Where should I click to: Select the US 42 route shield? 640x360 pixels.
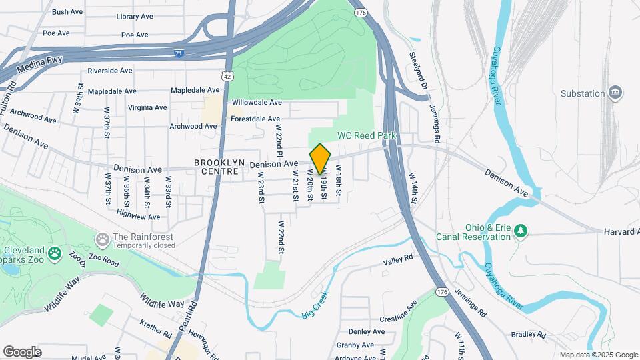[228, 76]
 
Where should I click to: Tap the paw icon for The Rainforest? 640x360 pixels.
[103, 238]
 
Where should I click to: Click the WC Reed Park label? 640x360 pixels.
[367, 135]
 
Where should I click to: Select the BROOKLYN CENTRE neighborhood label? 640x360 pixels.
[216, 167]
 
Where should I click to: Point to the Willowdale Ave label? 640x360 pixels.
[257, 103]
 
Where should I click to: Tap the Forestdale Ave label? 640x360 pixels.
[255, 119]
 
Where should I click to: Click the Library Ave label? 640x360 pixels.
[135, 17]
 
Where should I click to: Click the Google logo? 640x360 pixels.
[22, 351]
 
